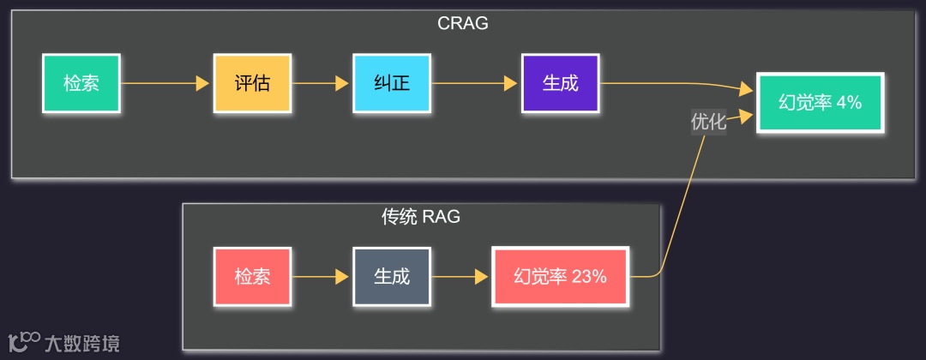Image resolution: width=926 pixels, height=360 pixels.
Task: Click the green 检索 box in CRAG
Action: [x=81, y=83]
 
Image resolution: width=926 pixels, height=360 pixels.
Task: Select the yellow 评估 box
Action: [x=252, y=83]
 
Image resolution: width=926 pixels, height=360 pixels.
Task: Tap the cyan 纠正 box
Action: [x=392, y=83]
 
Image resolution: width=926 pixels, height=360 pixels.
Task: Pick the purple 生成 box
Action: [x=560, y=83]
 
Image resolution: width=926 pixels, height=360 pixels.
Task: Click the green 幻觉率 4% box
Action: [x=820, y=102]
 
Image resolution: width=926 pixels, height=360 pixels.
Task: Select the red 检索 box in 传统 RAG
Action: [x=252, y=276]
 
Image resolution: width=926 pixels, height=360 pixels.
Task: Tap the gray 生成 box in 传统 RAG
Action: [x=392, y=276]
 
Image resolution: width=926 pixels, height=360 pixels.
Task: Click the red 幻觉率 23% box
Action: [x=560, y=276]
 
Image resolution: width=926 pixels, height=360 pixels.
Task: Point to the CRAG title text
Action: [x=463, y=23]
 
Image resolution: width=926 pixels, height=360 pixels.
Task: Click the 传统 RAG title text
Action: [x=421, y=217]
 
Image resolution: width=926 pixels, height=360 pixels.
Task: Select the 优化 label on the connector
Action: [x=708, y=122]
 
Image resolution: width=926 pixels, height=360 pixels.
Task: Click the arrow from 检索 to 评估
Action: [x=166, y=83]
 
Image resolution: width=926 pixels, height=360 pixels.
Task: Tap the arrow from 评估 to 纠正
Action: [x=322, y=83]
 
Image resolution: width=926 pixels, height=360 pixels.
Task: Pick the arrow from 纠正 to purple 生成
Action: [x=476, y=83]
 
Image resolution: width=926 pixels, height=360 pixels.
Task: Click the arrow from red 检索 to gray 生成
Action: [x=322, y=276]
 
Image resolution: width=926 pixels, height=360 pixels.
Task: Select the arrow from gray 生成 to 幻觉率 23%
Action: [x=461, y=276]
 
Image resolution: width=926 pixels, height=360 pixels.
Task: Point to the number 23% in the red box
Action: [x=589, y=276]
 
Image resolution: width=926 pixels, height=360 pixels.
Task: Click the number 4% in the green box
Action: [x=849, y=102]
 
